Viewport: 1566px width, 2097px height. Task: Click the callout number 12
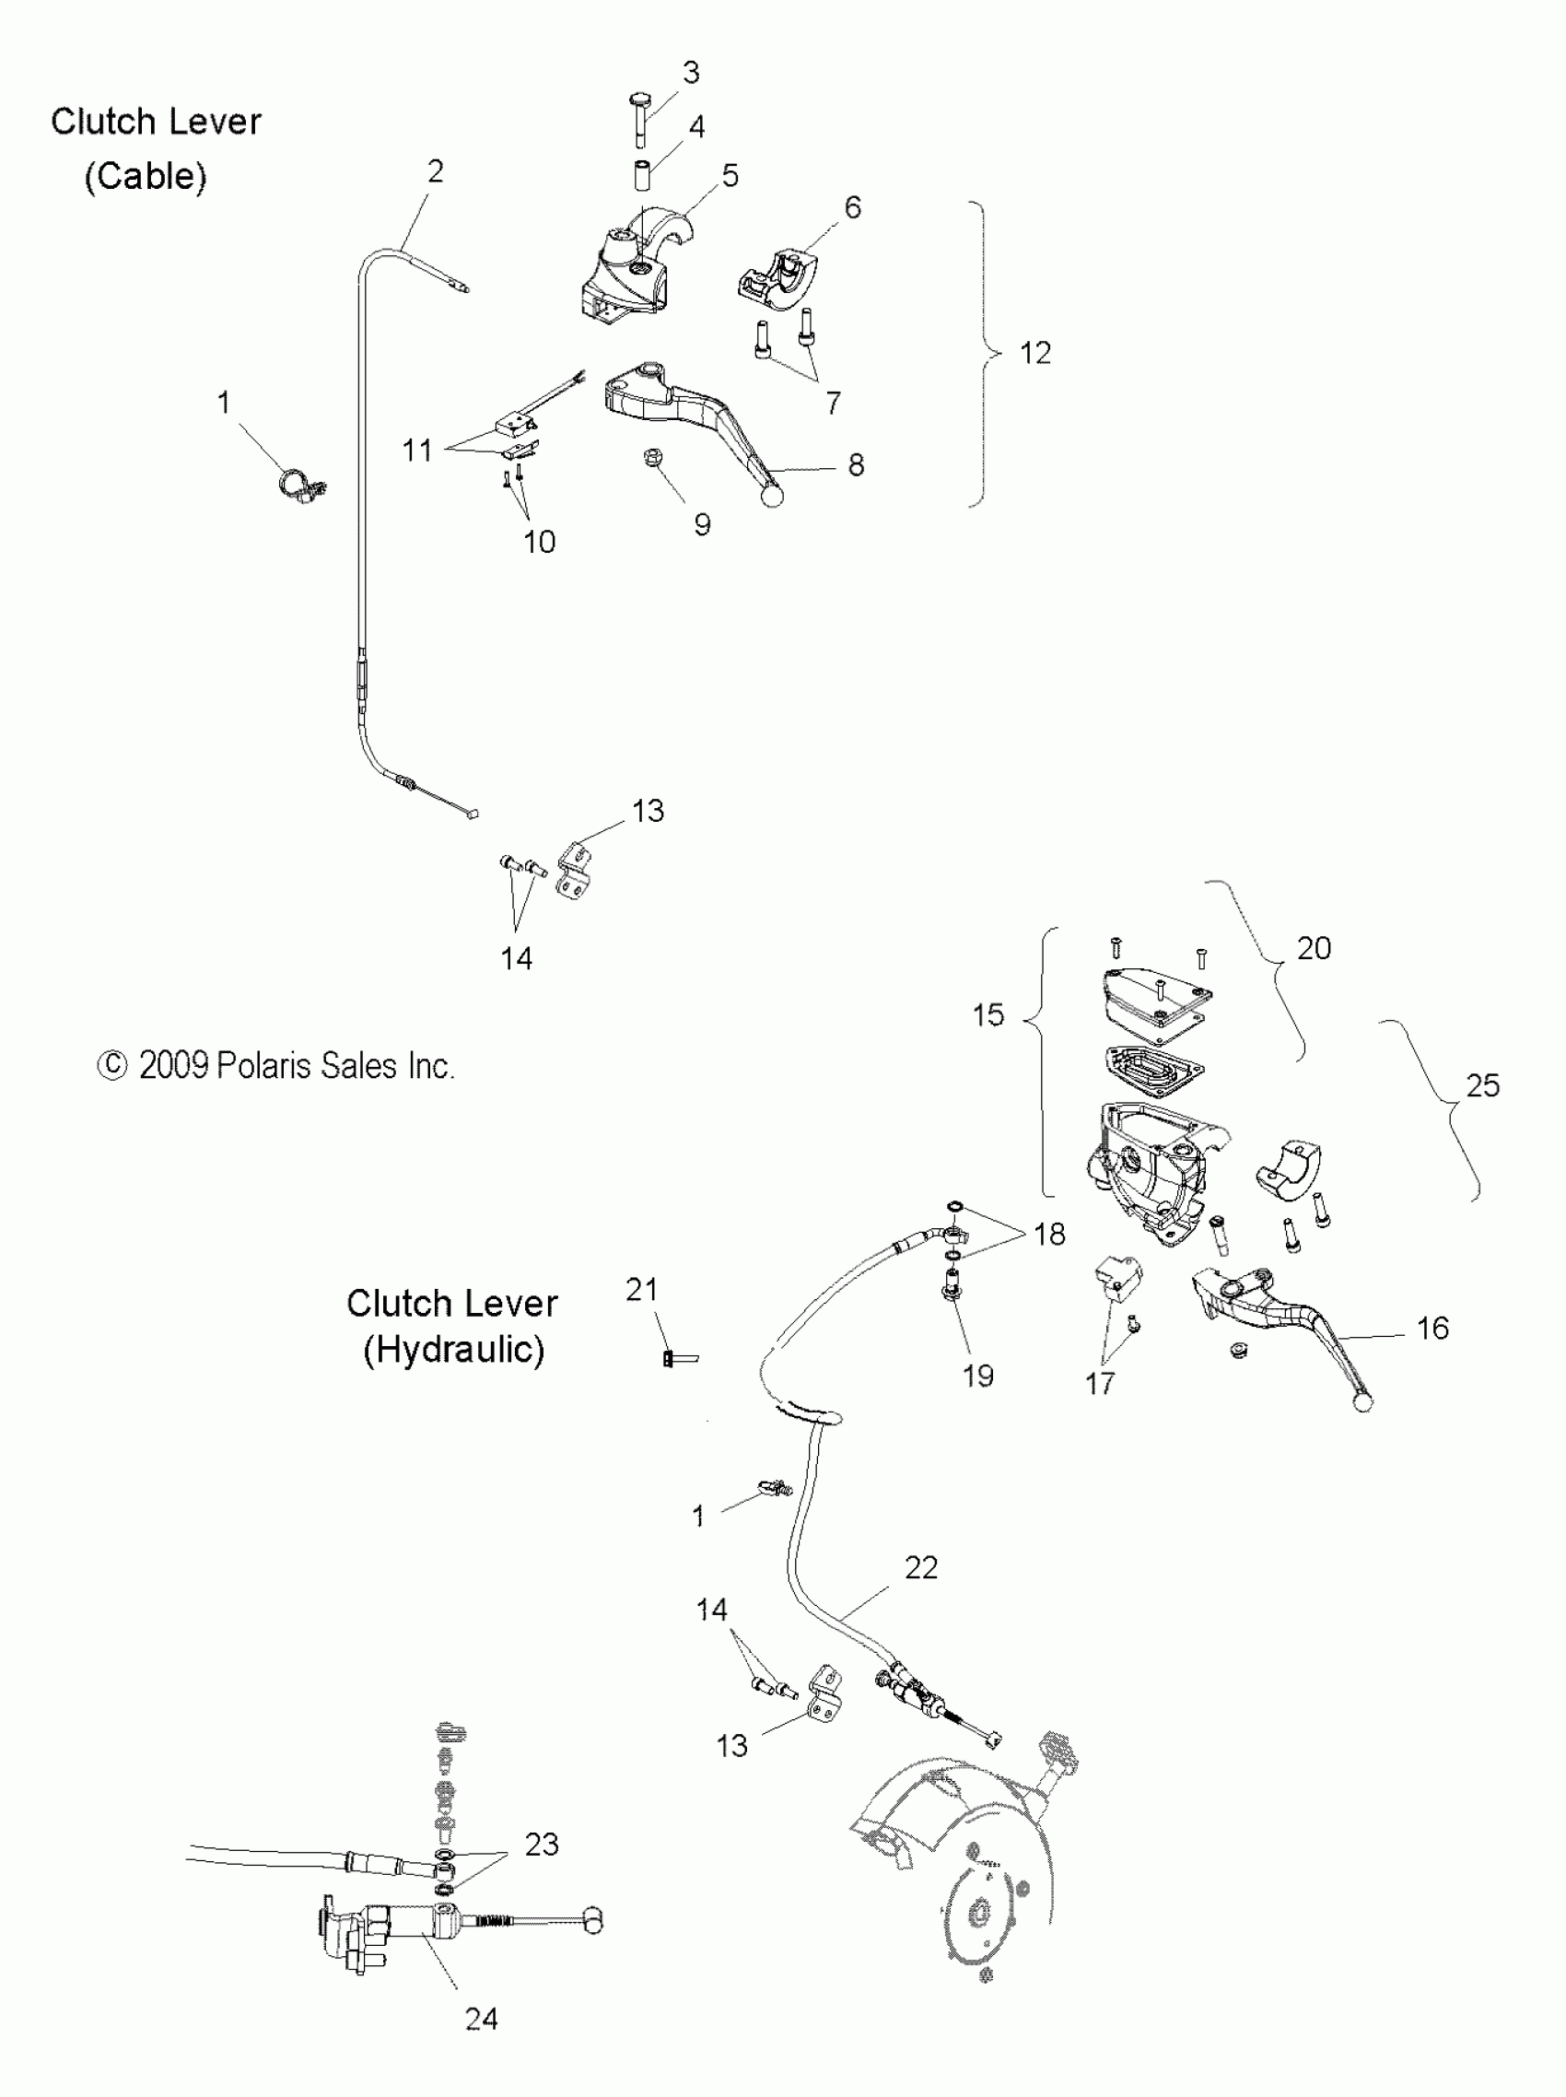pyautogui.click(x=1035, y=354)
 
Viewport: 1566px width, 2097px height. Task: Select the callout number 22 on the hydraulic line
pyautogui.click(x=920, y=1568)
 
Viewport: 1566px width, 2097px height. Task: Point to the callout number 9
pyautogui.click(x=702, y=525)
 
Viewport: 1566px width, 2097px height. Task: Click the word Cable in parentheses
pyautogui.click(x=145, y=176)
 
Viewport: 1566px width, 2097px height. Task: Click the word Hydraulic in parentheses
pyautogui.click(x=453, y=1349)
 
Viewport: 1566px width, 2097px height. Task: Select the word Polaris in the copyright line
pyautogui.click(x=270, y=1066)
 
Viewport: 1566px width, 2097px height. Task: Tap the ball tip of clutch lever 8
pyautogui.click(x=774, y=496)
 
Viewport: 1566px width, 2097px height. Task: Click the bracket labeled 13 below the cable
pyautogui.click(x=576, y=871)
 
